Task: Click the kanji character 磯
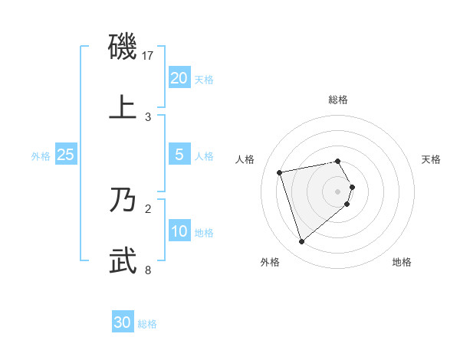[x=123, y=47]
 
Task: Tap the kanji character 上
[x=123, y=106]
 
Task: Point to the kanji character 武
[x=123, y=259]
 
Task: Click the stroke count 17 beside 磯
[x=149, y=56]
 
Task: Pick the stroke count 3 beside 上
[x=149, y=116]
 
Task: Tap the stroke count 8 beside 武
[x=149, y=270]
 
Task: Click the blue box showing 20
[x=179, y=78]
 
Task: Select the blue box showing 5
[x=179, y=155]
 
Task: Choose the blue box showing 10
[x=179, y=231]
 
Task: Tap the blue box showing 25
[x=66, y=155]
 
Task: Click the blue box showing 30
[x=123, y=322]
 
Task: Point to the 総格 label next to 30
[x=147, y=324]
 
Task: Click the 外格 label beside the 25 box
[x=41, y=156]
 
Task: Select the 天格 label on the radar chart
[x=431, y=159]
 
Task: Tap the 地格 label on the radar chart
[x=402, y=262]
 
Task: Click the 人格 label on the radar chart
[x=245, y=159]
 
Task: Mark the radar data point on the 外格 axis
[x=301, y=242]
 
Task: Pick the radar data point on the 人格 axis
[x=280, y=172]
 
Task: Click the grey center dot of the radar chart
[x=338, y=191]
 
